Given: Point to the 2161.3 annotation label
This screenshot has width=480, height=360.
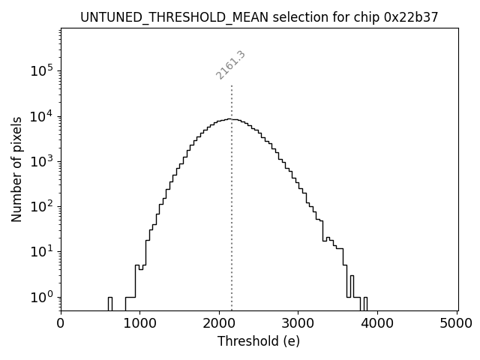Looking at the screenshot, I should [x=231, y=65].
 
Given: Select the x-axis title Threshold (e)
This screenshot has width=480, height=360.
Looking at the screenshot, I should [x=259, y=341].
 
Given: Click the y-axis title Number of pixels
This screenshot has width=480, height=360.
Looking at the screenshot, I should [x=16, y=169].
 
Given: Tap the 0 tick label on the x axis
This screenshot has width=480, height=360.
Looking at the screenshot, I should [x=61, y=324].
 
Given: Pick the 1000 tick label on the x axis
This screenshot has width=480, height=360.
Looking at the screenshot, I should [x=140, y=324].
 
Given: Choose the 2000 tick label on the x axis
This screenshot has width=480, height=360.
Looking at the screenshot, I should [x=219, y=324].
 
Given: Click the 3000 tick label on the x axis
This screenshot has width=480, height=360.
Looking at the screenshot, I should [x=298, y=324].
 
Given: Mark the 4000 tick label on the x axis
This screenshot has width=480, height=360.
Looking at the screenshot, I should [x=377, y=324].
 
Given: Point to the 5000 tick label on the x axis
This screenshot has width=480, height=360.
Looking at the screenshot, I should [x=457, y=324].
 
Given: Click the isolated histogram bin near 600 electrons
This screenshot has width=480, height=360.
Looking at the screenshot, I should [x=109, y=303].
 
